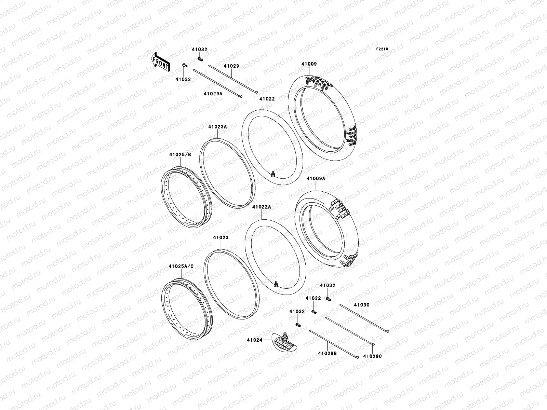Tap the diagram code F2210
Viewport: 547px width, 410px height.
[382, 49]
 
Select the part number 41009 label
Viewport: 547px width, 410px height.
[309, 64]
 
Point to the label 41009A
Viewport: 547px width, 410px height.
[316, 178]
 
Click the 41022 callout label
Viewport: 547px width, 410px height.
[267, 99]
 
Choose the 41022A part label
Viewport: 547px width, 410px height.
[262, 207]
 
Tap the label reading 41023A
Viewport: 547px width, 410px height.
[217, 127]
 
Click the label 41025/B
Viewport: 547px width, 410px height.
[180, 154]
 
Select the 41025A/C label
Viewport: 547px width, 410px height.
[181, 266]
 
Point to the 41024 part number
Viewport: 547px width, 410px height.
[255, 340]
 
